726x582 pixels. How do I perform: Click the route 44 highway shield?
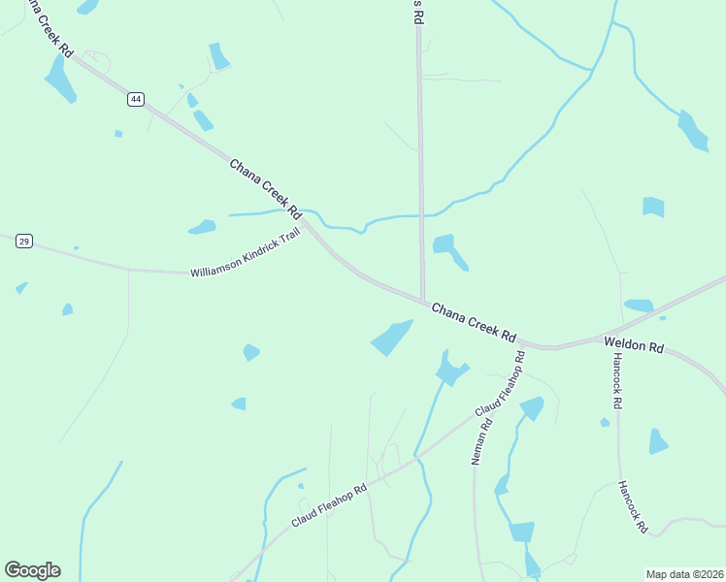[135, 99]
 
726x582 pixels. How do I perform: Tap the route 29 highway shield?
[24, 241]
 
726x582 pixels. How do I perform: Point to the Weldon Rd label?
[633, 344]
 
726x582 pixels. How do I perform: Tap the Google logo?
[32, 570]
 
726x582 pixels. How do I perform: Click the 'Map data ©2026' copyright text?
[683, 574]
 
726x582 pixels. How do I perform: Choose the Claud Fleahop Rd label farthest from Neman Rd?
[329, 505]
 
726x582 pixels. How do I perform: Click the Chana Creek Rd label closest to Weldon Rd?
[473, 321]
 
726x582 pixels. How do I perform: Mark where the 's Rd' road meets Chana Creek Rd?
[422, 301]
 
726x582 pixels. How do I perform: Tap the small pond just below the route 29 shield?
[21, 288]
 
